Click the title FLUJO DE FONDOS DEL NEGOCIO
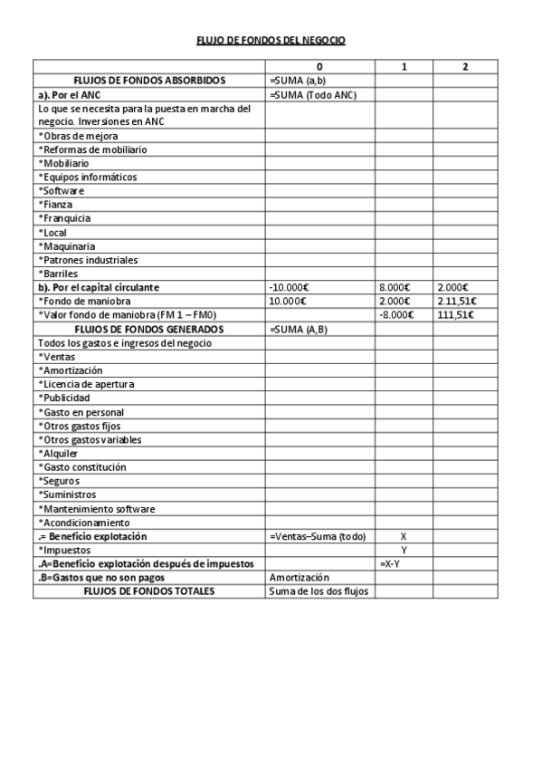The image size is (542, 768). point(271,40)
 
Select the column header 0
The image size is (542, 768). point(319,67)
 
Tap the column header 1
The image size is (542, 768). point(404,67)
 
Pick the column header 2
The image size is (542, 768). point(464,67)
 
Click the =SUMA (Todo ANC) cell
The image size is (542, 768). point(313,94)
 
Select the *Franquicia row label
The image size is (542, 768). point(65,218)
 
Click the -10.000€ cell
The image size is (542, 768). point(290,287)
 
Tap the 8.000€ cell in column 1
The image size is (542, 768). point(396,287)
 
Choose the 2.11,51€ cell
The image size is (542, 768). point(457,302)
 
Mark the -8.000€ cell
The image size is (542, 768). point(396,315)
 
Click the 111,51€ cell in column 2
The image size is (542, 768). point(455,315)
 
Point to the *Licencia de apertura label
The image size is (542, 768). point(86,384)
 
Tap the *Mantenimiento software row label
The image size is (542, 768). point(96,509)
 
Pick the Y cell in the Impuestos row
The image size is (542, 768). point(404,550)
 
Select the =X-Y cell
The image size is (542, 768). point(392,563)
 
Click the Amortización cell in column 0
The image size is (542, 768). point(300,578)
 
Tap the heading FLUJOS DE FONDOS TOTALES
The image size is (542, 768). point(149,591)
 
